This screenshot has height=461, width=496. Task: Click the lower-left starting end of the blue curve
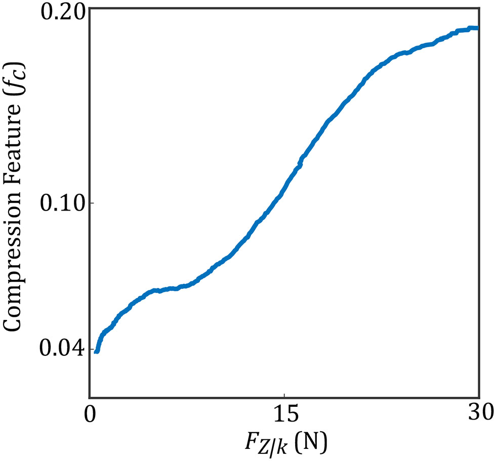point(96,351)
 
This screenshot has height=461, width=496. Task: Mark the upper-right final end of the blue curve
point(476,28)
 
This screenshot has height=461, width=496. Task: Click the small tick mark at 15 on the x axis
point(284,395)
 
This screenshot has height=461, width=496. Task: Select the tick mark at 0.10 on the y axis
point(93,203)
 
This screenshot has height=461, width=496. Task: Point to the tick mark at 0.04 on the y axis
point(93,349)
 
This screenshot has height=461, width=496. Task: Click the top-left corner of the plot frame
point(90,9)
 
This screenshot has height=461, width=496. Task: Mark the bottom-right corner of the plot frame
point(478,398)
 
